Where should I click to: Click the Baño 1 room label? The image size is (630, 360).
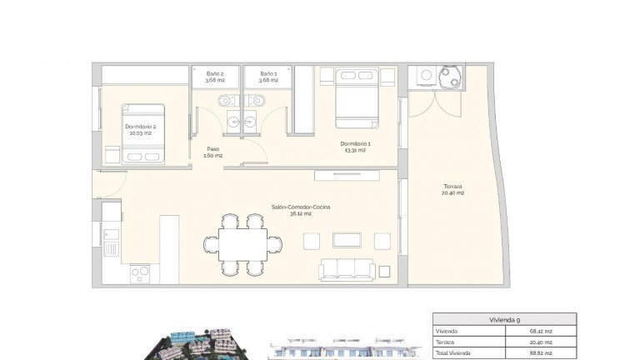pyautogui.click(x=269, y=77)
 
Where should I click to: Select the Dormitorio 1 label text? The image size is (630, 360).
pyautogui.click(x=356, y=147)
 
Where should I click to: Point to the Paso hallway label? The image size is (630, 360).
pyautogui.click(x=213, y=152)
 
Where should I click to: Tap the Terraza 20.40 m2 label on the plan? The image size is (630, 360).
pyautogui.click(x=452, y=189)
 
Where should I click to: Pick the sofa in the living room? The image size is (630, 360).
pyautogui.click(x=347, y=268)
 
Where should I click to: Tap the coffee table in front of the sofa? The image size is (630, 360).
pyautogui.click(x=346, y=240)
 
